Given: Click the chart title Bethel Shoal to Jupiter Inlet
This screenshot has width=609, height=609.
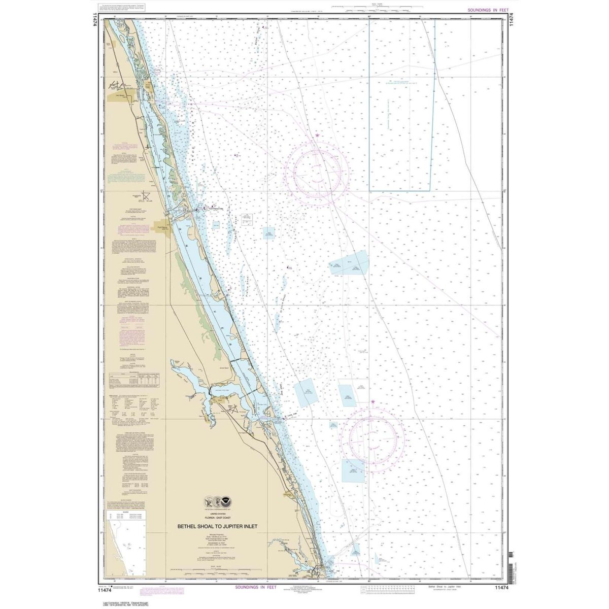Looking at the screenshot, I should point(217,525).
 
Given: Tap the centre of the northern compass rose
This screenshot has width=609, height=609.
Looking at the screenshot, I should point(317,173).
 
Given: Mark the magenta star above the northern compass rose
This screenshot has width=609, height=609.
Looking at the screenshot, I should point(317,135).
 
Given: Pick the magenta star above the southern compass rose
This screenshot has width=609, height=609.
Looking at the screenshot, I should point(374,402).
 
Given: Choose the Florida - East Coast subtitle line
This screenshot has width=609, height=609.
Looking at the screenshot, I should point(217,519).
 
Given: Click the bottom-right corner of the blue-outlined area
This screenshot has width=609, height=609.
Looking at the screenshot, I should point(430,190).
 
